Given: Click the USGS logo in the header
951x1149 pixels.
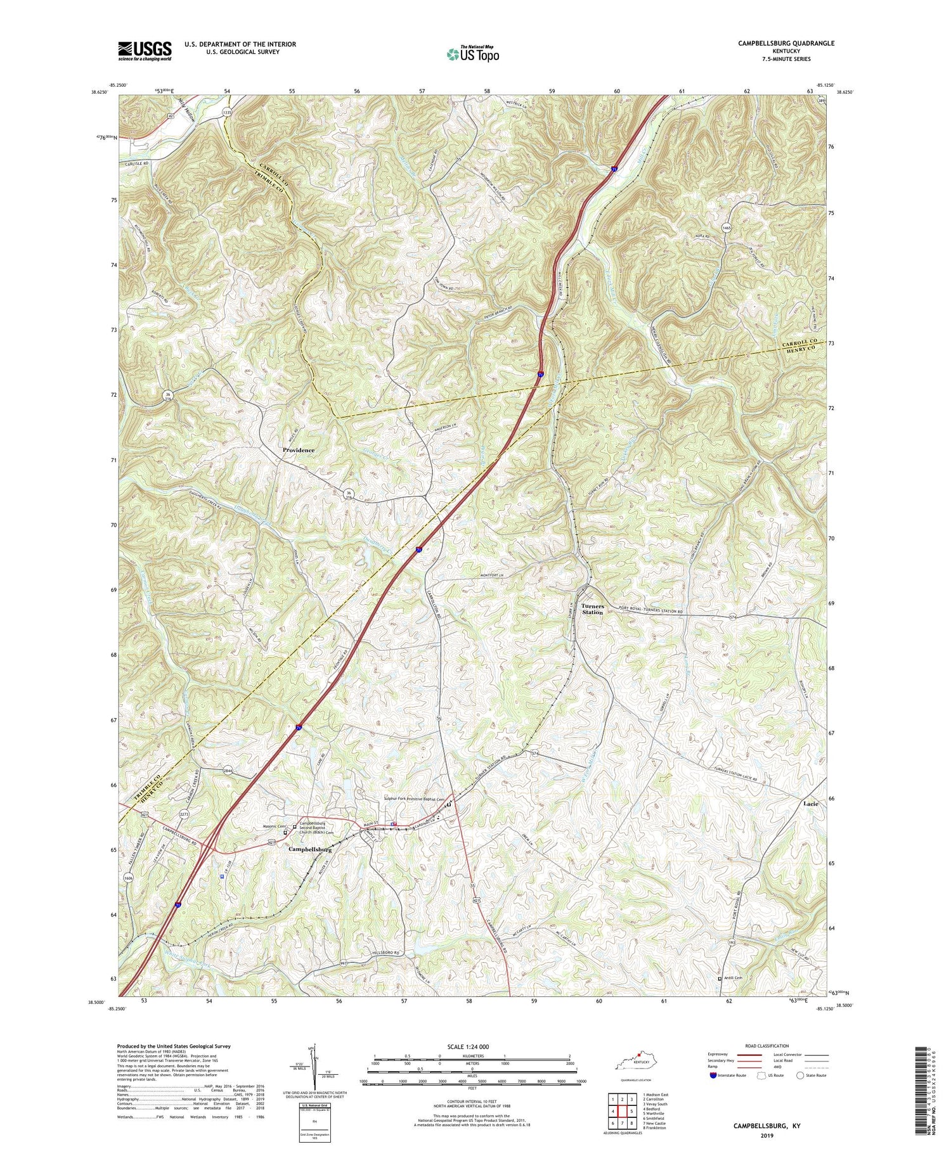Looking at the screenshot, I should click(x=145, y=51).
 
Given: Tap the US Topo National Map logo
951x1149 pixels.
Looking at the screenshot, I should click(x=472, y=55).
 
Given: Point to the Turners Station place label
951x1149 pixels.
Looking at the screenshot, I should click(x=593, y=609).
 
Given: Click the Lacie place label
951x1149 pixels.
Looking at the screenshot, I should click(x=810, y=804).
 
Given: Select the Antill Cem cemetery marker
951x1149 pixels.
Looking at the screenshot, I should click(x=719, y=979).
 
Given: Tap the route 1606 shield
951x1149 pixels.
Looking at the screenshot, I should click(x=129, y=878).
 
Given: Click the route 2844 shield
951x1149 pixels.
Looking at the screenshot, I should click(x=228, y=771).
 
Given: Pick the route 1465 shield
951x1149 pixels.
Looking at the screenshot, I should click(x=727, y=227).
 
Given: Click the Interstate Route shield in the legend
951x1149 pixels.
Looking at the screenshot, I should click(x=714, y=1075).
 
